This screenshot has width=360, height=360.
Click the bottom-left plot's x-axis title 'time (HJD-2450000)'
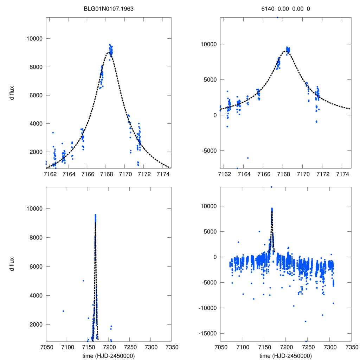[x=108, y=356]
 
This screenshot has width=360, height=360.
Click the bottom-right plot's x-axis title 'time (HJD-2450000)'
[x=285, y=356]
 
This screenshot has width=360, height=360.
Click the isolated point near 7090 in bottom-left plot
[x=63, y=311]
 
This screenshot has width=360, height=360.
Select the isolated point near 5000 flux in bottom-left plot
[x=83, y=281]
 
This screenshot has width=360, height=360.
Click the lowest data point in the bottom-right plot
[x=306, y=341]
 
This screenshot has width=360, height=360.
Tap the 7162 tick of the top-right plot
[x=224, y=174]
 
